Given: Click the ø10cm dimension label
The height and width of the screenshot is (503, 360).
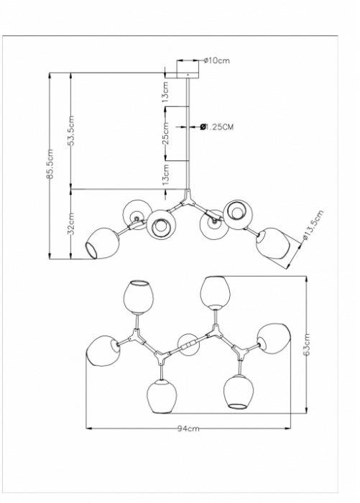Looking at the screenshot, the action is (217, 60).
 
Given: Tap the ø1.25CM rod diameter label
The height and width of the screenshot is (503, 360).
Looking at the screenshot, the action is (217, 127).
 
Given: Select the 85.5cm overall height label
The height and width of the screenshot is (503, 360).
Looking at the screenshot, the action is (51, 164).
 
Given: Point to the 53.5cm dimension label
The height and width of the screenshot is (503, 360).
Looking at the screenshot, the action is (72, 130).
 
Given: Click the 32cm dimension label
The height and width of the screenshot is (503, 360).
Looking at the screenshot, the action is (72, 223).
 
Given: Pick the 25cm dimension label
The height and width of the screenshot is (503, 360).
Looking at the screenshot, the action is (165, 134).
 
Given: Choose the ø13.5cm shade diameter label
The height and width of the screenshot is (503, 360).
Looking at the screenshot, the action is (313, 225).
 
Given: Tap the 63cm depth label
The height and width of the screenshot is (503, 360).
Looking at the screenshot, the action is (306, 344).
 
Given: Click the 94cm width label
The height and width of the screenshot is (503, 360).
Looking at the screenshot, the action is (188, 428).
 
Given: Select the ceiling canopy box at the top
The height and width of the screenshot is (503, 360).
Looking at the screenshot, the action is (188, 69).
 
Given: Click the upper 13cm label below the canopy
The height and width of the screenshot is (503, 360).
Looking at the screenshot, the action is (165, 92).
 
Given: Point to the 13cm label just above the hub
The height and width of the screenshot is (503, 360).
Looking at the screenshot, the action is (165, 175).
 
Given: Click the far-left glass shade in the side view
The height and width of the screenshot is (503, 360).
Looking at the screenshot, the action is (102, 244).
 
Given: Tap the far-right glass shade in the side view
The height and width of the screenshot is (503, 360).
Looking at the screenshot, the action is (272, 243).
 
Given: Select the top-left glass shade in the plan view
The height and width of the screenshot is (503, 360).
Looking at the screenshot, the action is (138, 297).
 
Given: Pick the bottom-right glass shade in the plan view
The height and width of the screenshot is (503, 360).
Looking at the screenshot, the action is (239, 392).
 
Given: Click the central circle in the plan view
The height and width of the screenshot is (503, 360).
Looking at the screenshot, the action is (189, 344).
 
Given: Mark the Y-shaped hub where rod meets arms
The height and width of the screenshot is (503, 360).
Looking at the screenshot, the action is (188, 198).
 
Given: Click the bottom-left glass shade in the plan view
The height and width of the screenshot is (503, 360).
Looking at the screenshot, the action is (162, 396).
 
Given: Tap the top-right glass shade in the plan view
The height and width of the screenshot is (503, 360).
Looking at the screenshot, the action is (215, 292).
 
